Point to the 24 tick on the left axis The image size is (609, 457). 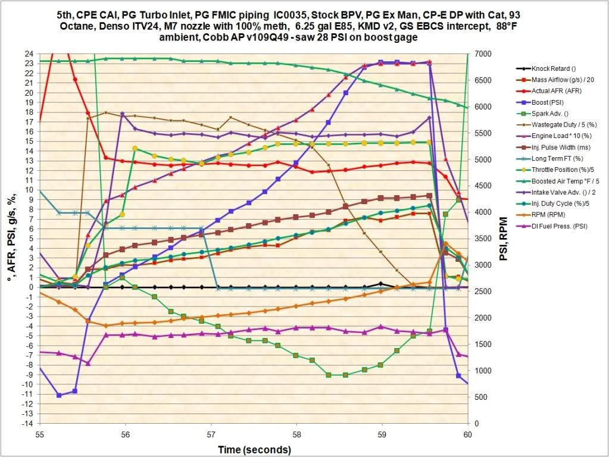[27, 54]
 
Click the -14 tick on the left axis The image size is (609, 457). [26, 423]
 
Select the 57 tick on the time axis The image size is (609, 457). [211, 435]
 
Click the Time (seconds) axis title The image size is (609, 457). [254, 449]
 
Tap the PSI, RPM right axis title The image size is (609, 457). [502, 239]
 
